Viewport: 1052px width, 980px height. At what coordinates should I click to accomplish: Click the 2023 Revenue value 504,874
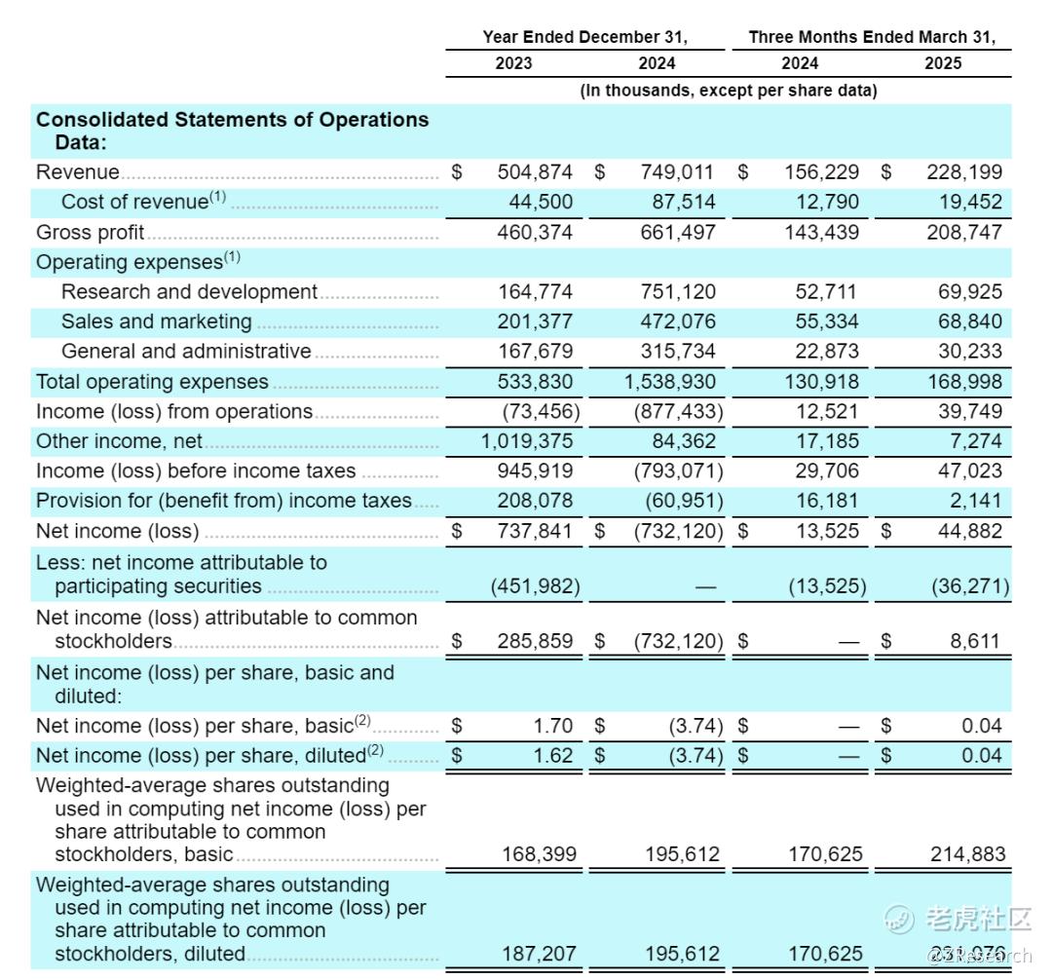coord(535,172)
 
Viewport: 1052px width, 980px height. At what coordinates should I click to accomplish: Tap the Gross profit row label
coord(90,232)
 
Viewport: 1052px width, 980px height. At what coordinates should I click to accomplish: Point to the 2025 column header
coord(942,63)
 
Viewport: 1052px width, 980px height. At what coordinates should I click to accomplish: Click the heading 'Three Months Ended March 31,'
coord(872,37)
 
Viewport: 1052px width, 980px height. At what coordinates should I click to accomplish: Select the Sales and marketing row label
coord(156,321)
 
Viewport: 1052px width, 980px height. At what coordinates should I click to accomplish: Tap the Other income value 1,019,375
coord(527,441)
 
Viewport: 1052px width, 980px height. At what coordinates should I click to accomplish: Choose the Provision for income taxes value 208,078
coord(535,501)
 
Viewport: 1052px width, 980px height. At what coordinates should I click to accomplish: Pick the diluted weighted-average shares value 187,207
coord(539,954)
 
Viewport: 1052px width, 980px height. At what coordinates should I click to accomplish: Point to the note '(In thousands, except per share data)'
coord(729,91)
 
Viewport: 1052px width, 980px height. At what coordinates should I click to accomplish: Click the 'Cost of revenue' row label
coord(134,202)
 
